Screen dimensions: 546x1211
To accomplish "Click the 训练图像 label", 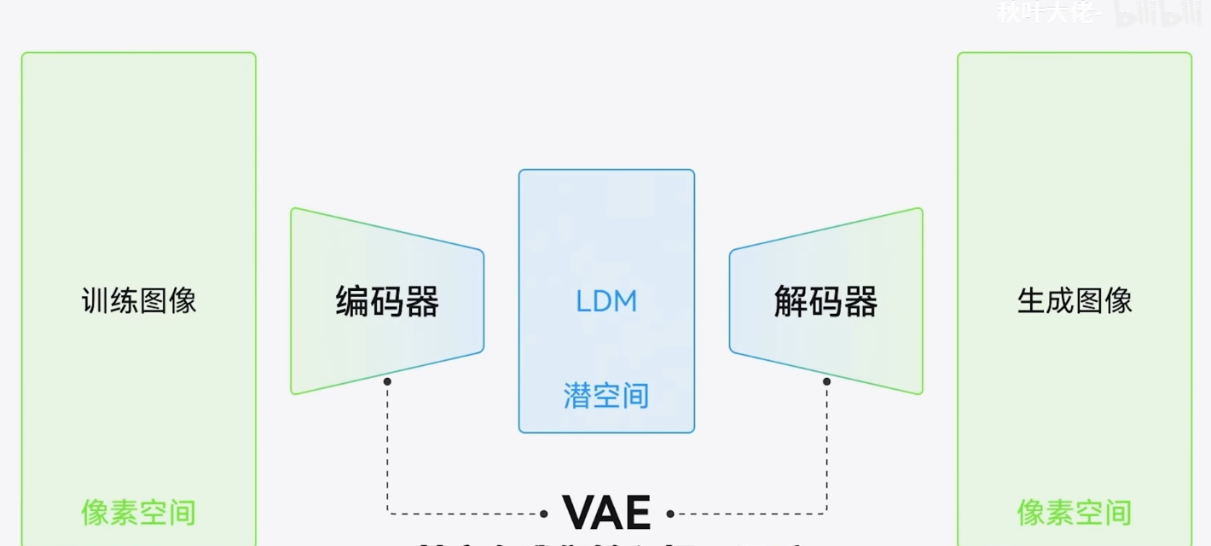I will (x=139, y=300).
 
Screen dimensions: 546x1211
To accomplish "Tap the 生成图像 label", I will (x=1075, y=300).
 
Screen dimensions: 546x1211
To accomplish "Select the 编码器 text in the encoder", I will (x=387, y=302).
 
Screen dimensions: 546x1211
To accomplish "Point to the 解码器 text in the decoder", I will (x=826, y=302).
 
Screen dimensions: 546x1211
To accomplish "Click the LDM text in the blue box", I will (x=606, y=302).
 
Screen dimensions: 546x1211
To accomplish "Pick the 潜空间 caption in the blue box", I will (x=606, y=396).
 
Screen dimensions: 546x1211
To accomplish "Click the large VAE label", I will (x=606, y=513).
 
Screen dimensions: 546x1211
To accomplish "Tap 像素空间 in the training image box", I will (x=139, y=513).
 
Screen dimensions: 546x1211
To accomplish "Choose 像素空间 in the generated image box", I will (x=1075, y=513).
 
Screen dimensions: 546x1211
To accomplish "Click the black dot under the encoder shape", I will (x=387, y=381).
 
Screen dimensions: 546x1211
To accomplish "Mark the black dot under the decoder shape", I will (x=826, y=381).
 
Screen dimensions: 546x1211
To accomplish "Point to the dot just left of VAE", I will (x=544, y=514).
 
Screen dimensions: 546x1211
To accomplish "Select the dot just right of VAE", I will (x=670, y=514).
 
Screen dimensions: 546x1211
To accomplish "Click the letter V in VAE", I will (x=578, y=513).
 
